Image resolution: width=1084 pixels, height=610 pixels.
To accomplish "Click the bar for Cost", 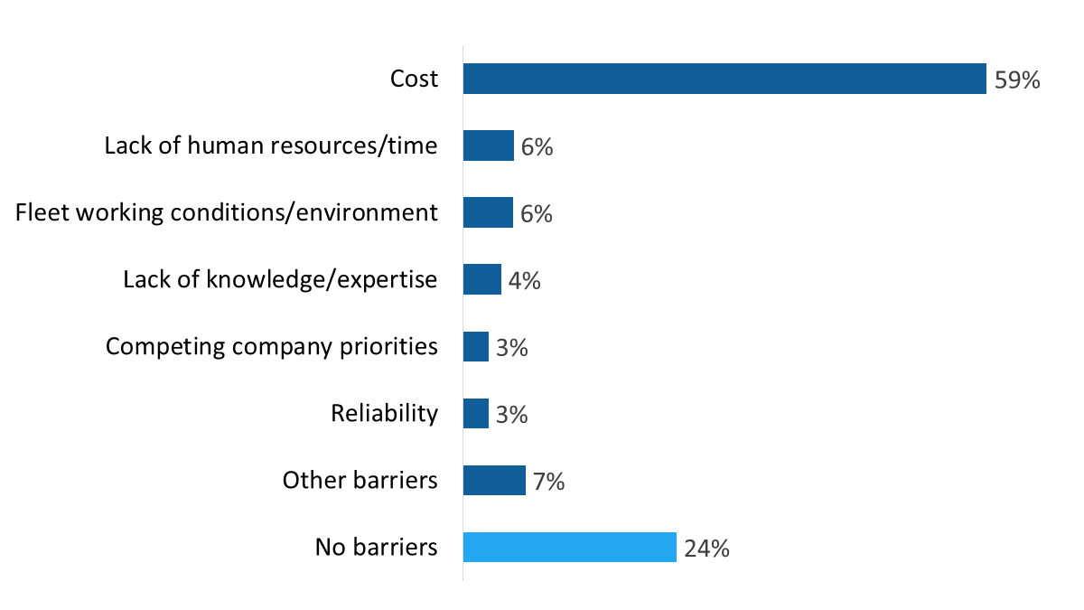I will click(723, 79).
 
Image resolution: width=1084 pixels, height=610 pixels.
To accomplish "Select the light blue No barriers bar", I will click(569, 548).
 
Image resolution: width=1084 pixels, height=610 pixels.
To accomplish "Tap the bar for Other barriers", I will click(494, 481).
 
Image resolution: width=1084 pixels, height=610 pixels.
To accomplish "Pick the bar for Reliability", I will click(476, 414).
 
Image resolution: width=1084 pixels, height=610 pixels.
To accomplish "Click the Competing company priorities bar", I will click(476, 347).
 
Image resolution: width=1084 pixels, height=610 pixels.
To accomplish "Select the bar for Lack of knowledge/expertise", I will click(482, 279).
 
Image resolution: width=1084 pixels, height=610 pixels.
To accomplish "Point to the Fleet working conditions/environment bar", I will click(488, 212).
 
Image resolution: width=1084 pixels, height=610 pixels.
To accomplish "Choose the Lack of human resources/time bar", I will click(489, 145).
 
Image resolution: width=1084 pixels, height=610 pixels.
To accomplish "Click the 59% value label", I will click(1017, 80).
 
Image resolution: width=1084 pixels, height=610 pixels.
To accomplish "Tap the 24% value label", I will click(706, 549).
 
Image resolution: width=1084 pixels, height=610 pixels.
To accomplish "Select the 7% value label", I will click(548, 482).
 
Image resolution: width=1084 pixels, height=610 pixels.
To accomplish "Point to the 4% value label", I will click(524, 280).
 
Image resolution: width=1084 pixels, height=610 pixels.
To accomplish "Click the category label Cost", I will click(414, 79).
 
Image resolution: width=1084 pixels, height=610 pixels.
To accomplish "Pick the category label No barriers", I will click(376, 547).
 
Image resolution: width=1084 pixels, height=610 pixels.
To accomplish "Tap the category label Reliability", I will click(384, 414).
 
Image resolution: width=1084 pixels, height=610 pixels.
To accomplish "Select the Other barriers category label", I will click(360, 480).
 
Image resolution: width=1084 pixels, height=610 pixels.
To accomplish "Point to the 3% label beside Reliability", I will click(511, 415).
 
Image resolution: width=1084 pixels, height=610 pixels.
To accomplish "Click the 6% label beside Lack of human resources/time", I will click(537, 146).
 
